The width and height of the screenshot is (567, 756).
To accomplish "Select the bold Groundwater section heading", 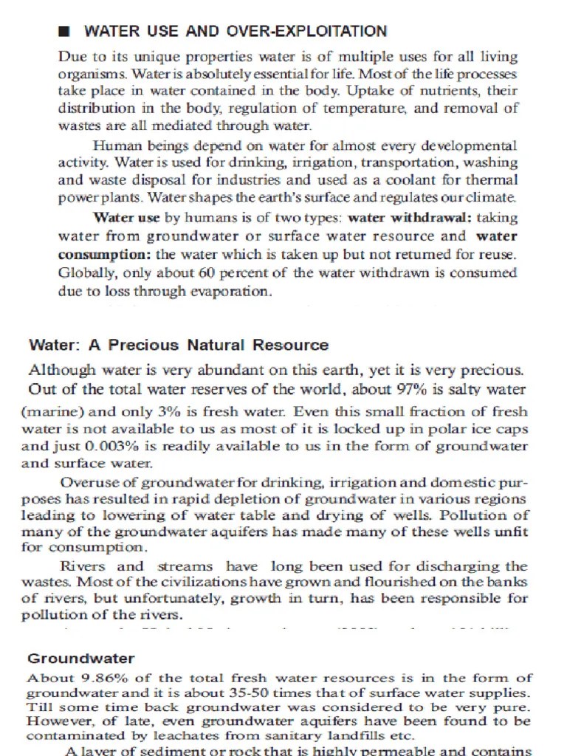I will tap(81, 658).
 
